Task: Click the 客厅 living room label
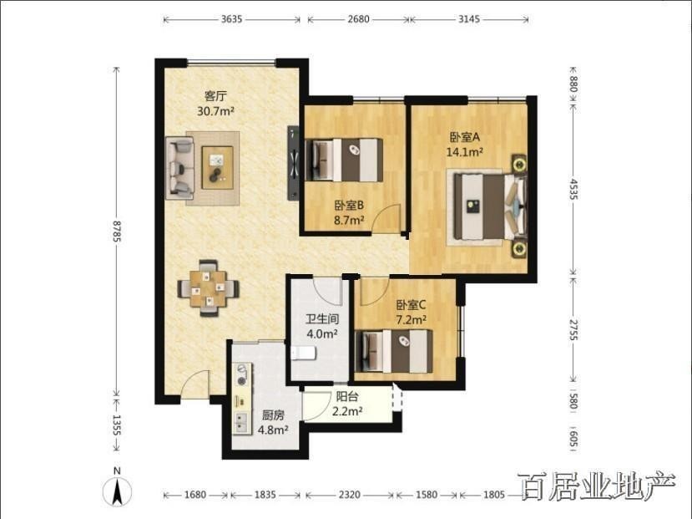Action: click(215, 95)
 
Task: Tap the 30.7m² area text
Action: click(215, 110)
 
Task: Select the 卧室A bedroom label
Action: click(465, 137)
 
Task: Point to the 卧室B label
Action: click(349, 206)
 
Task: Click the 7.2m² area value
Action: click(411, 319)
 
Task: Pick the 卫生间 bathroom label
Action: click(322, 319)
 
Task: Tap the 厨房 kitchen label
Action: click(273, 415)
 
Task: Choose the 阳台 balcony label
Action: click(347, 396)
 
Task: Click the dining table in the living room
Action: click(209, 288)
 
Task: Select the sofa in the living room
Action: click(179, 167)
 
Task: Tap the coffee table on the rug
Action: click(217, 168)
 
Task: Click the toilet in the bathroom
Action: click(303, 353)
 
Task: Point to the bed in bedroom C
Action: click(394, 351)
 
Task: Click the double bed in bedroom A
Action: click(490, 206)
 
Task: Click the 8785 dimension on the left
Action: click(117, 231)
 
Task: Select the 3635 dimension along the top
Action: click(232, 19)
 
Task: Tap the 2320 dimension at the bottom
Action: click(350, 495)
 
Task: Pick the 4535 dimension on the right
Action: click(573, 189)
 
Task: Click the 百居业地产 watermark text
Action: click(599, 486)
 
